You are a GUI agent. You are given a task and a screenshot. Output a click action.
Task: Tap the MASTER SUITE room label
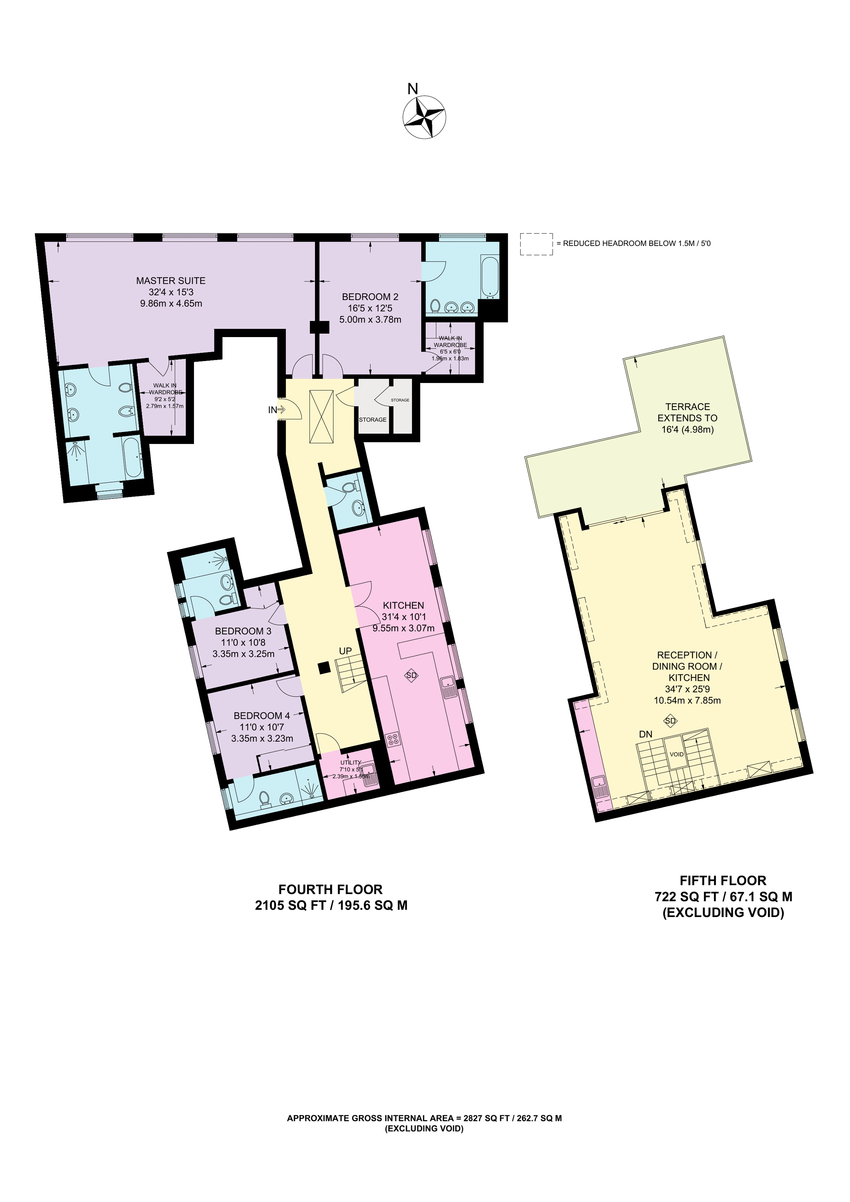(x=171, y=281)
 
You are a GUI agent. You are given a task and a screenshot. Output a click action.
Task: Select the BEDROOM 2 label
(x=370, y=297)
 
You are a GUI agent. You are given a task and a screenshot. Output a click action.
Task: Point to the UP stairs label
(x=345, y=651)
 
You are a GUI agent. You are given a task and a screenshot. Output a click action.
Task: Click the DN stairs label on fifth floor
(x=645, y=734)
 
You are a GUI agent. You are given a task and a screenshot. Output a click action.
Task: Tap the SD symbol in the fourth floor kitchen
(x=411, y=675)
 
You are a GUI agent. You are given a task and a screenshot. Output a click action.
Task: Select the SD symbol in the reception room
(x=670, y=721)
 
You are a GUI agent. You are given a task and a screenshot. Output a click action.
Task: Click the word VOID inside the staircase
(x=677, y=754)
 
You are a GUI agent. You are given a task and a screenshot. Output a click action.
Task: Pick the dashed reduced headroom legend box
(x=536, y=244)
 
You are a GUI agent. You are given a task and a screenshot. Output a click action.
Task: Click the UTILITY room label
(x=350, y=762)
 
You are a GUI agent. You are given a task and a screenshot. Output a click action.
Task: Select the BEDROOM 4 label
(x=261, y=715)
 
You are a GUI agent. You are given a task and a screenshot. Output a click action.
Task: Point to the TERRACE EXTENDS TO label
(x=687, y=412)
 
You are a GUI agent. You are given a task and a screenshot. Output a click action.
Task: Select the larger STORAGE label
(x=372, y=419)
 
